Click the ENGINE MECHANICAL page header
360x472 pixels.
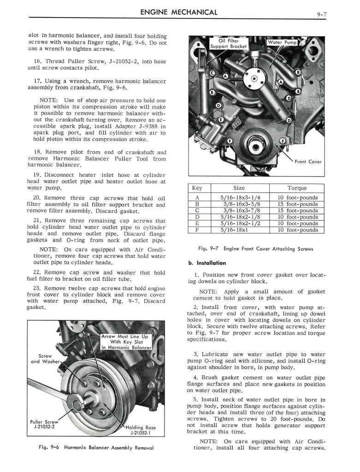(x=178, y=12)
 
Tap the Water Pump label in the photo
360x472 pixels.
(x=282, y=42)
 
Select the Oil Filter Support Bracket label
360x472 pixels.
(x=228, y=44)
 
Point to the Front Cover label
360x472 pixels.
(x=308, y=162)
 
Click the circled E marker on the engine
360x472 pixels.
(x=221, y=119)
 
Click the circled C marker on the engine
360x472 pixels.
(x=212, y=73)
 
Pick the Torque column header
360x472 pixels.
(x=297, y=188)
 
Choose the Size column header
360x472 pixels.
(x=239, y=188)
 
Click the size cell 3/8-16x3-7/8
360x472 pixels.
(x=240, y=210)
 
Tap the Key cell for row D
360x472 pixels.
(x=198, y=217)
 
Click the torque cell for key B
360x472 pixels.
(x=297, y=204)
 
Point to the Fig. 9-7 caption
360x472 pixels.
(x=255, y=249)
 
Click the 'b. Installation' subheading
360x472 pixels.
(x=207, y=263)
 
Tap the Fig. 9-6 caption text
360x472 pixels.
(x=96, y=448)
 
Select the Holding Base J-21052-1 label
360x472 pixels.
(x=141, y=430)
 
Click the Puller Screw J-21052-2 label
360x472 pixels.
(x=44, y=425)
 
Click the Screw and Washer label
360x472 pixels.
(x=46, y=359)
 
